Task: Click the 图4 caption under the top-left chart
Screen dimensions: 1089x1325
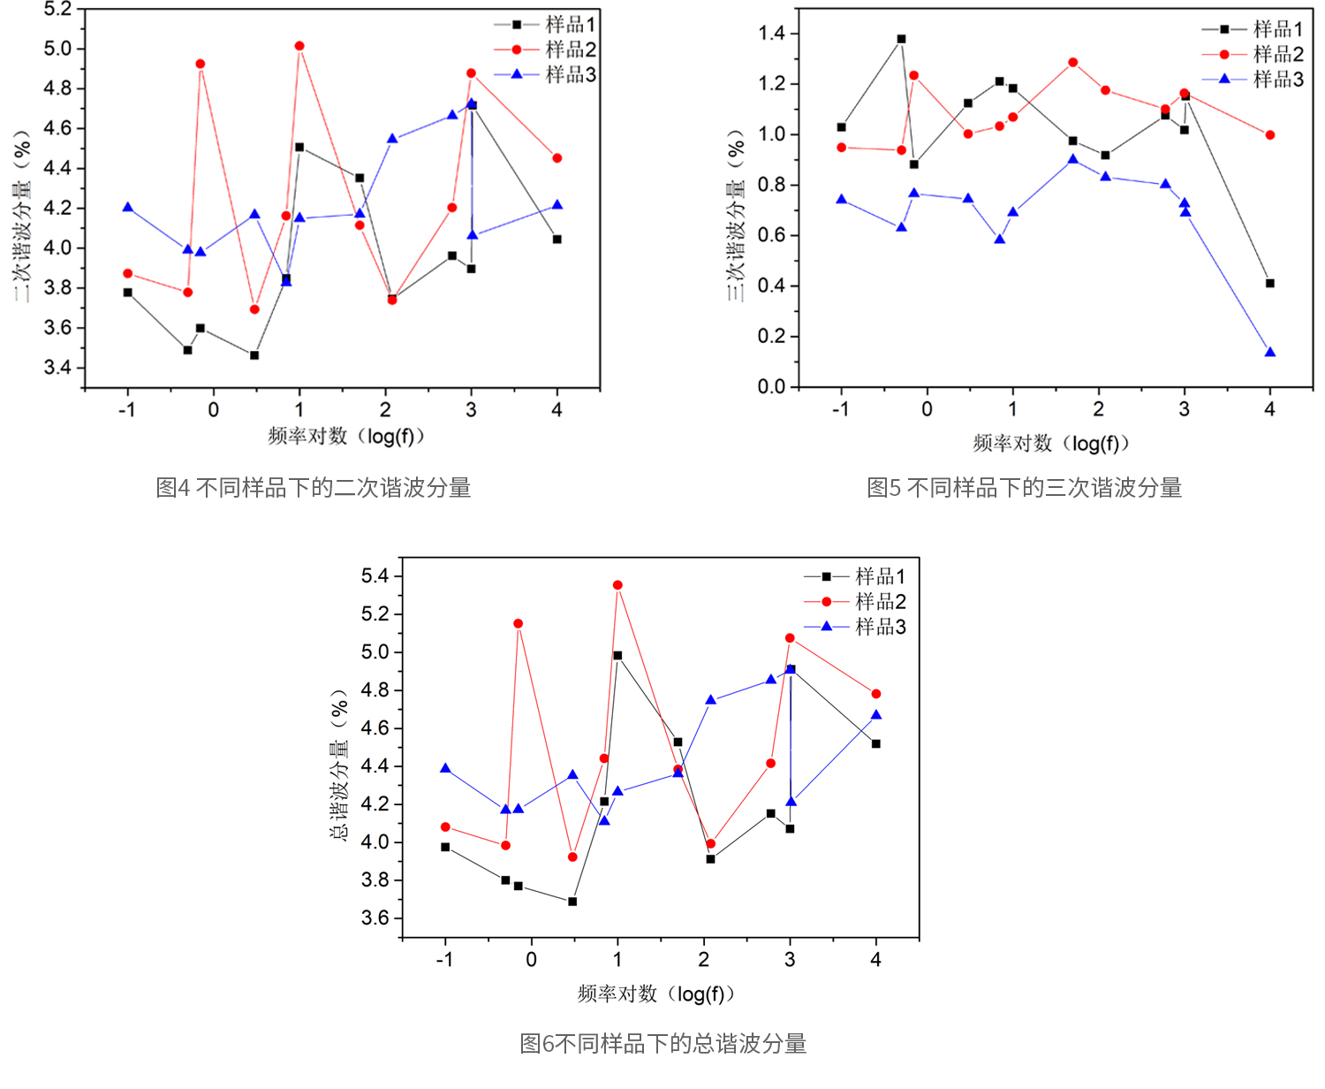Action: [x=314, y=488]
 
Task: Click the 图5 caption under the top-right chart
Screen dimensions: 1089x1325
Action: [x=1024, y=488]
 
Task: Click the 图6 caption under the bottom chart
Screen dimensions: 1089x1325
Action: [x=662, y=1044]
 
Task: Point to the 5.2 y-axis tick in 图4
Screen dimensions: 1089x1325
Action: [x=57, y=10]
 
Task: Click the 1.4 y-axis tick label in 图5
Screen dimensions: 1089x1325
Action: [x=771, y=34]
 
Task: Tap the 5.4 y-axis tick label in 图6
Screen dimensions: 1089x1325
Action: [x=375, y=576]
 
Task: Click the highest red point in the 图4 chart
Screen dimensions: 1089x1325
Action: [x=299, y=46]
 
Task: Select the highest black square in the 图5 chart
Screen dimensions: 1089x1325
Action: [x=901, y=39]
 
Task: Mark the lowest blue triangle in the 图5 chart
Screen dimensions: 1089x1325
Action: [x=1270, y=353]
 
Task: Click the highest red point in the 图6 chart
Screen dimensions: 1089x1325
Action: [x=617, y=585]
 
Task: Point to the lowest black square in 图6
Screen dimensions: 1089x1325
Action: [x=572, y=902]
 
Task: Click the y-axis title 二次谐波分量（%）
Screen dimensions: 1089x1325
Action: [x=22, y=217]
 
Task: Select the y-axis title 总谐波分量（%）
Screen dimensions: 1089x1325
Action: [x=339, y=765]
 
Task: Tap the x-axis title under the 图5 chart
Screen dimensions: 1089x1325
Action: [x=1050, y=443]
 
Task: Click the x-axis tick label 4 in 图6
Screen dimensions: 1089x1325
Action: [x=875, y=960]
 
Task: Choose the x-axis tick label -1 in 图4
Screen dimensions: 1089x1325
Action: [x=127, y=410]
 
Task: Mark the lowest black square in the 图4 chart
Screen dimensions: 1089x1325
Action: [x=254, y=355]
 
